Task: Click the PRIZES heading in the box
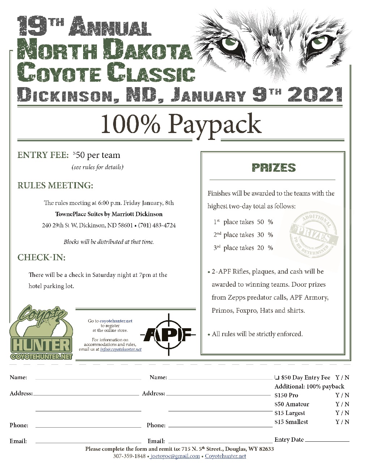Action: pyautogui.click(x=274, y=168)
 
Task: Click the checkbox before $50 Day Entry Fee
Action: pyautogui.click(x=277, y=377)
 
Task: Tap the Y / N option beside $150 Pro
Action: pyautogui.click(x=342, y=395)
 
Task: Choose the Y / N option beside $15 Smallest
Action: pyautogui.click(x=342, y=422)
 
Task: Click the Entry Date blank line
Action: pyautogui.click(x=327, y=441)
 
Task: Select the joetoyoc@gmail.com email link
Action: pyautogui.click(x=175, y=456)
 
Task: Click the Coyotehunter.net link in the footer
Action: pyautogui.click(x=225, y=456)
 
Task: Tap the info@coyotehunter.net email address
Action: pyautogui.click(x=121, y=350)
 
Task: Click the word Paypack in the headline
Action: pyautogui.click(x=214, y=124)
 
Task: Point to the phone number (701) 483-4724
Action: pyautogui.click(x=157, y=225)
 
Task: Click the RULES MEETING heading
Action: pyautogui.click(x=55, y=185)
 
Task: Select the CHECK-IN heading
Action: pyautogui.click(x=42, y=257)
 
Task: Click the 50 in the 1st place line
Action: pyautogui.click(x=261, y=222)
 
